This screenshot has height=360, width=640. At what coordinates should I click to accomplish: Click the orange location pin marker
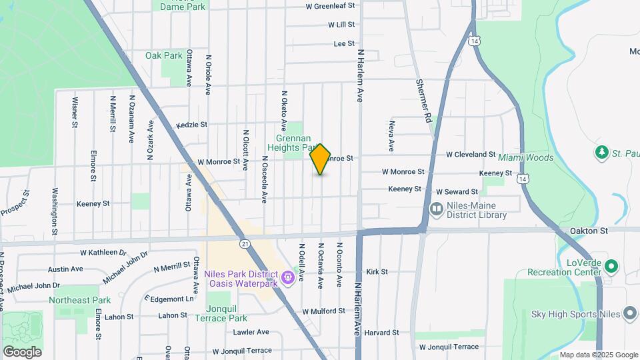320,159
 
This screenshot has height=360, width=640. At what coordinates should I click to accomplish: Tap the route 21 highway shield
245,245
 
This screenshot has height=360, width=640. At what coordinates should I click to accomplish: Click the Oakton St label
589,231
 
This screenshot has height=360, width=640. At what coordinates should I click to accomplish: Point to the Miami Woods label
525,157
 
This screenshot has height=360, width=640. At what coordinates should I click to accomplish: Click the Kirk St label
377,272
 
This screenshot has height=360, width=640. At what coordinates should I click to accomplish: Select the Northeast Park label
79,300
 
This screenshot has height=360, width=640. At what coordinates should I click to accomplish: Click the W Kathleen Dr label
103,253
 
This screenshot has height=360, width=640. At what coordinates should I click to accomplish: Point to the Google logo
22,351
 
